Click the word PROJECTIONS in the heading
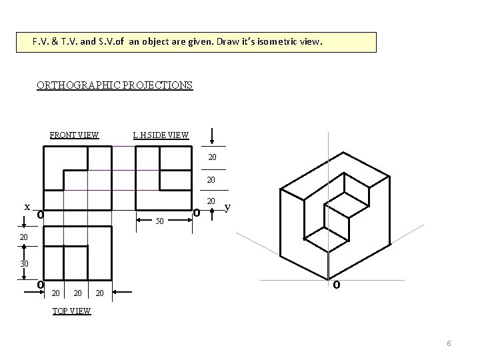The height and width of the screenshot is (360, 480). [x=156, y=85]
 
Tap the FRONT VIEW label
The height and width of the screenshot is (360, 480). [x=75, y=135]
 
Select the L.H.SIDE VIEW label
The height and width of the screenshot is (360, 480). [x=161, y=135]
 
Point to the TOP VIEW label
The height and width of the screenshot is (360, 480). [x=71, y=311]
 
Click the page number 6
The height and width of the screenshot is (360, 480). [x=449, y=343]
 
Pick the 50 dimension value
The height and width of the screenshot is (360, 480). [x=159, y=221]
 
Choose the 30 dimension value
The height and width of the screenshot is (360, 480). [x=23, y=264]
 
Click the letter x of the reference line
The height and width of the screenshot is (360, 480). [x=27, y=207]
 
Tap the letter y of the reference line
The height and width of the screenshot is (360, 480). [x=228, y=207]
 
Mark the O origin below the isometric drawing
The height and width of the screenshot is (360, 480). [x=337, y=285]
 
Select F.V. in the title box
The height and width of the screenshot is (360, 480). [x=41, y=42]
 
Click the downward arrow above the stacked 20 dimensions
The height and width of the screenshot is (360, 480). [x=212, y=136]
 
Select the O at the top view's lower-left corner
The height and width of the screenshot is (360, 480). [x=41, y=285]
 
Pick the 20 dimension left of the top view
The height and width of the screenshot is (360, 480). [x=23, y=237]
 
